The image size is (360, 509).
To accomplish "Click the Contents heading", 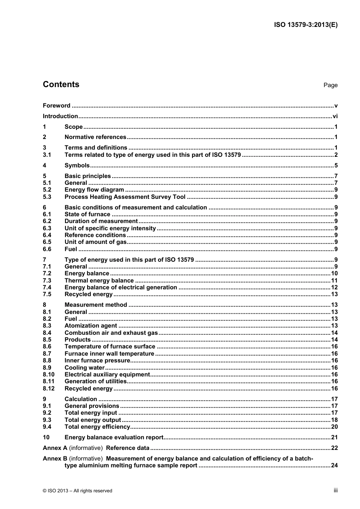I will (x=61, y=84).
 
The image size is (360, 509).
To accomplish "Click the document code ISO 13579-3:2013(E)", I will (x=305, y=25).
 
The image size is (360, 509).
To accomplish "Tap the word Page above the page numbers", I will (x=330, y=85).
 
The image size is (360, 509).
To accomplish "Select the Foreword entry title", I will (x=56, y=106).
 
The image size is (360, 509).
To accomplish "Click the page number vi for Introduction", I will (x=335, y=116).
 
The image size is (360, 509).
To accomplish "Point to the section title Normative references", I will (x=95, y=137).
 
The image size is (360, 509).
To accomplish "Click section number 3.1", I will (x=47, y=155).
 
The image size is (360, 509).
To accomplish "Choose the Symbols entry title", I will (x=77, y=165).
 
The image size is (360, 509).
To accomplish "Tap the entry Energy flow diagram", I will (x=94, y=190).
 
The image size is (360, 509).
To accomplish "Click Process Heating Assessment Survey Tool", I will (x=125, y=197).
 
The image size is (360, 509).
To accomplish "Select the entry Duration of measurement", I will (x=101, y=221).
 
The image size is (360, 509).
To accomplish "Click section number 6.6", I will (x=47, y=249).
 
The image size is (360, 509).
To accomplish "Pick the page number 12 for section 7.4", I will (x=334, y=287).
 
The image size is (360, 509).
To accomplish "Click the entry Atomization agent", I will (x=91, y=326).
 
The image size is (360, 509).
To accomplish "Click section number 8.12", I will (x=49, y=389).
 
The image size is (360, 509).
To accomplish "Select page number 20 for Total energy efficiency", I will (x=334, y=427).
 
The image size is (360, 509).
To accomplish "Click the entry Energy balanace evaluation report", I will (x=114, y=437).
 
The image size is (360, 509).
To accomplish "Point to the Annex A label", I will (x=55, y=448).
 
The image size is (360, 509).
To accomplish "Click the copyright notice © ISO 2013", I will (x=77, y=491).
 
